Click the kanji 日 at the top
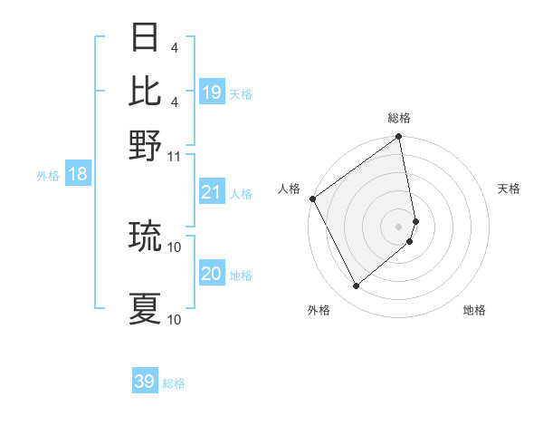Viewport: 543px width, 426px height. pyautogui.click(x=146, y=39)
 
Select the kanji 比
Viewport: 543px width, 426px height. pyautogui.click(x=146, y=91)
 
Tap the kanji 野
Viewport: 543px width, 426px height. pyautogui.click(x=146, y=145)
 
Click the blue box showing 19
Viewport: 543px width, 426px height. pyautogui.click(x=212, y=92)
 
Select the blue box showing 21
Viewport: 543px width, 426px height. pyautogui.click(x=212, y=191)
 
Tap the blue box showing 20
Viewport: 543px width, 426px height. pyautogui.click(x=212, y=273)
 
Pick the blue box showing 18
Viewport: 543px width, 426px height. pyautogui.click(x=78, y=174)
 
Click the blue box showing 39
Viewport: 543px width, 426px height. pyautogui.click(x=145, y=382)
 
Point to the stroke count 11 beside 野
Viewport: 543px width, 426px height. pyautogui.click(x=175, y=156)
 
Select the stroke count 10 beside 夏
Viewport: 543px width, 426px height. pyautogui.click(x=175, y=319)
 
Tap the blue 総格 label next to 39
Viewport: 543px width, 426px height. pyautogui.click(x=174, y=383)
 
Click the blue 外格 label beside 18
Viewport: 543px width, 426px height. pyautogui.click(x=48, y=176)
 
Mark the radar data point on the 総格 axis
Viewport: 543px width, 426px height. pyautogui.click(x=398, y=139)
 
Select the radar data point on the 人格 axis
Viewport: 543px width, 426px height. pyautogui.click(x=312, y=198)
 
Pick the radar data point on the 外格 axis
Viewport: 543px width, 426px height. pyautogui.click(x=356, y=286)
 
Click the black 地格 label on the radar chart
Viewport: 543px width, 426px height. pyautogui.click(x=474, y=311)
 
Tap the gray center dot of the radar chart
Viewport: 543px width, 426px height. pyautogui.click(x=398, y=225)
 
